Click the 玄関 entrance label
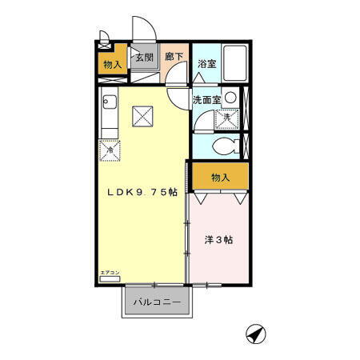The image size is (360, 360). pyautogui.click(x=144, y=57)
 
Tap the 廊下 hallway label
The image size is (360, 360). pyautogui.click(x=174, y=57)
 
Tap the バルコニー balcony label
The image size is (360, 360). pyautogui.click(x=157, y=302)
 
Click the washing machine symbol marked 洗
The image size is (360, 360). pyautogui.click(x=226, y=118)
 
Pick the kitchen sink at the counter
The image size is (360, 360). pyautogui.click(x=109, y=102)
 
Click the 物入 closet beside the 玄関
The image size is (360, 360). pyautogui.click(x=112, y=64)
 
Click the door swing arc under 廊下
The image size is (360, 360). pyautogui.click(x=179, y=85)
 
